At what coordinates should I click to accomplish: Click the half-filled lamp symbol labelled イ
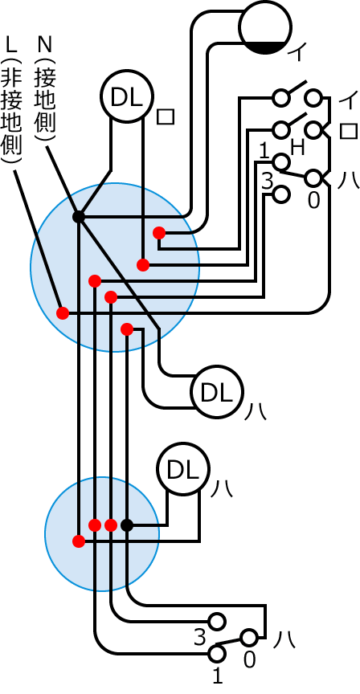pyautogui.click(x=265, y=27)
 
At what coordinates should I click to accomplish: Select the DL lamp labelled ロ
pyautogui.click(x=127, y=96)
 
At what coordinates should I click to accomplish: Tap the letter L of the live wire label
pyautogui.click(x=11, y=44)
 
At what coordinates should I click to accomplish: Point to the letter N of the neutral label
pyautogui.click(x=45, y=44)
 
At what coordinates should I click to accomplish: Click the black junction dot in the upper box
pyautogui.click(x=79, y=217)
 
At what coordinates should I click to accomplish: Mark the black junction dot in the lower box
pyautogui.click(x=127, y=525)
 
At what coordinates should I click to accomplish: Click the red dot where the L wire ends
pyautogui.click(x=63, y=313)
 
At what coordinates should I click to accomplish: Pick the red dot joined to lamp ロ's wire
pyautogui.click(x=143, y=265)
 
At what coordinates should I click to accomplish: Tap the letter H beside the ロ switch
pyautogui.click(x=297, y=148)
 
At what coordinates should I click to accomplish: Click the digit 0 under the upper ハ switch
pyautogui.click(x=313, y=201)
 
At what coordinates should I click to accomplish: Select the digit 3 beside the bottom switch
pyautogui.click(x=200, y=637)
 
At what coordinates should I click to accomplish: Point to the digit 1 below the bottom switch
pyautogui.click(x=217, y=676)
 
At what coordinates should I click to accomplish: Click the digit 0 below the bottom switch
pyautogui.click(x=250, y=660)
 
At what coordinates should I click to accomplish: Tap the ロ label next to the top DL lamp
pyautogui.click(x=166, y=116)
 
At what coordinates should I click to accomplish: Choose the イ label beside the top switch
pyautogui.click(x=348, y=102)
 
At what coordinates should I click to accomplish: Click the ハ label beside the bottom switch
pyautogui.click(x=284, y=639)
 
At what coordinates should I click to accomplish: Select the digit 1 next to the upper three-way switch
pyautogui.click(x=264, y=153)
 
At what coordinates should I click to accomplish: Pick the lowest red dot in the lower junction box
pyautogui.click(x=79, y=541)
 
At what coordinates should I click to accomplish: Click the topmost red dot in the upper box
pyautogui.click(x=159, y=233)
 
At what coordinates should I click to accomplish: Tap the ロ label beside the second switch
pyautogui.click(x=349, y=132)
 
